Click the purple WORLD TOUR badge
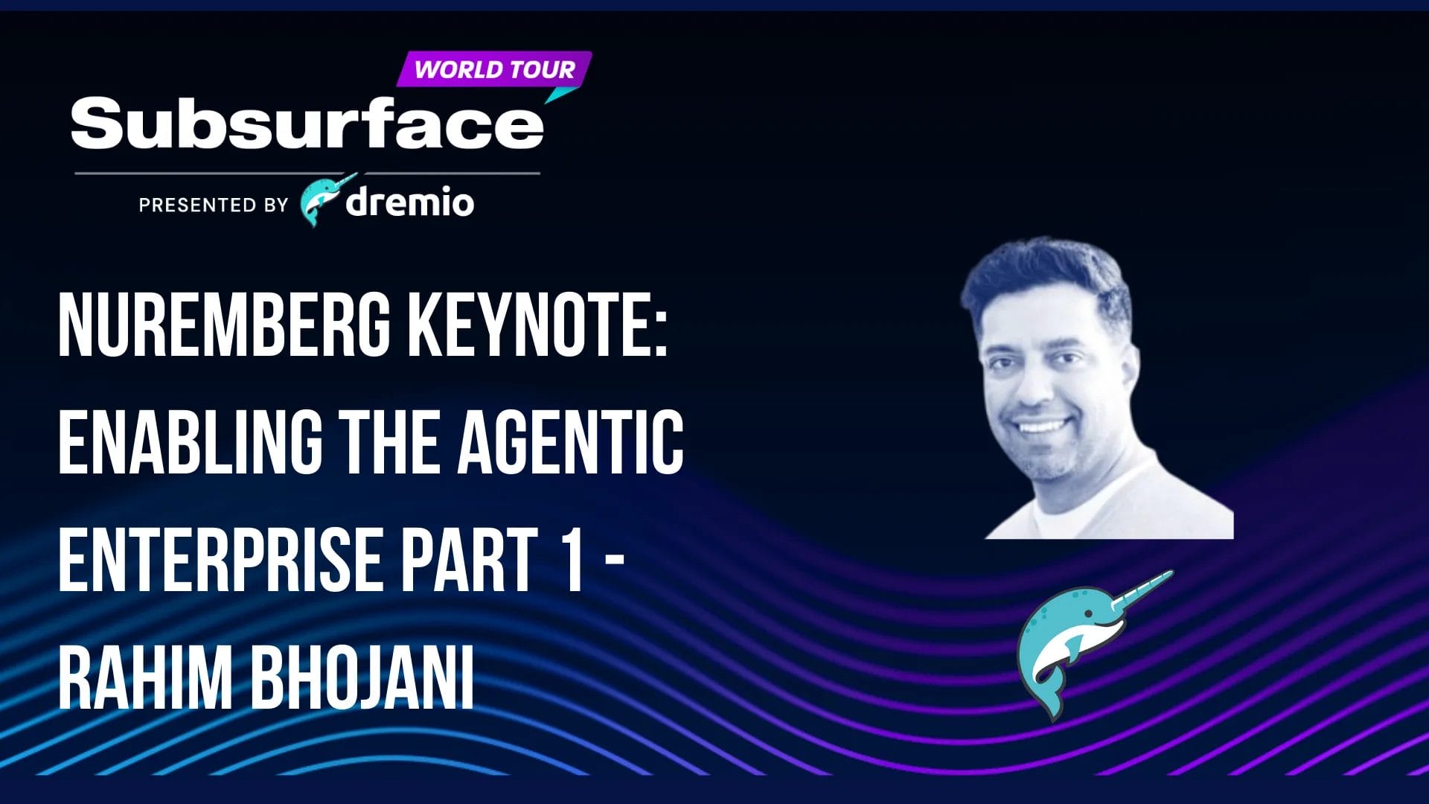click(x=494, y=69)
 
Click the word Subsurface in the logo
click(x=307, y=123)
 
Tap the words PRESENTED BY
click(x=214, y=205)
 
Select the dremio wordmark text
click(x=409, y=202)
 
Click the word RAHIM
click(x=145, y=678)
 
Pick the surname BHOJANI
click(x=362, y=678)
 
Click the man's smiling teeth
click(x=1041, y=427)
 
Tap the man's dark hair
click(x=1046, y=279)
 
